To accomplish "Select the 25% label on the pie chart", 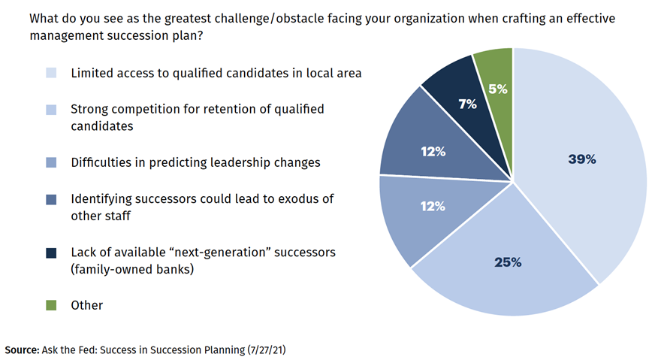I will [x=508, y=262].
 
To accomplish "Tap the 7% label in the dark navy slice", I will [x=467, y=104].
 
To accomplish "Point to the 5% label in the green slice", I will [x=497, y=89].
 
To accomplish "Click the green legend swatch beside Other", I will [x=51, y=305].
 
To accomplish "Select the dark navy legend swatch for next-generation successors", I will [x=51, y=253].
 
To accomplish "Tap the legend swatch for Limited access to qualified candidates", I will [x=51, y=73].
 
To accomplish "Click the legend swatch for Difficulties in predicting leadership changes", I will [x=51, y=162].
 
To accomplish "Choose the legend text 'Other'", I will [x=86, y=305].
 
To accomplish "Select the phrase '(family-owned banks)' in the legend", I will [x=132, y=268].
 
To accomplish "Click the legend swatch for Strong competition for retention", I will [x=51, y=110].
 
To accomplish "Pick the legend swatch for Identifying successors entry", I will [x=51, y=199].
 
